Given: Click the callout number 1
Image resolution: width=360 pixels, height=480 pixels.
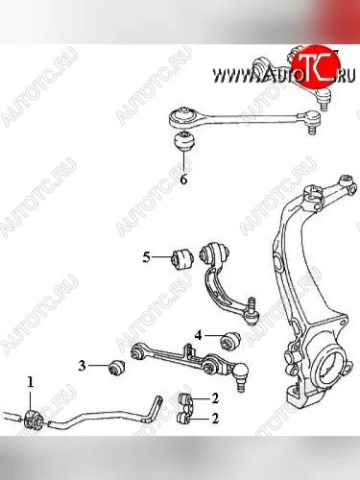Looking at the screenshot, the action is pyautogui.click(x=31, y=382).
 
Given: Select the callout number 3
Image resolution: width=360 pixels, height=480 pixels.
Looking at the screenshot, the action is pyautogui.click(x=83, y=366).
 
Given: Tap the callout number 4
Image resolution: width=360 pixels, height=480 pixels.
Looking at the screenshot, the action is pyautogui.click(x=199, y=335).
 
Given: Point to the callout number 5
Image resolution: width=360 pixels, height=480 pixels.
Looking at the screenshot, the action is pyautogui.click(x=146, y=257).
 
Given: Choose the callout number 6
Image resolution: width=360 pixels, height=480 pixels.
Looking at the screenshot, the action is pyautogui.click(x=183, y=180).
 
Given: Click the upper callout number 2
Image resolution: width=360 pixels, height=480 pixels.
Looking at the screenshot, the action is pyautogui.click(x=215, y=398).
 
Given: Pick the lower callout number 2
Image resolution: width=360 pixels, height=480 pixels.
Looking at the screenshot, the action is pyautogui.click(x=215, y=419).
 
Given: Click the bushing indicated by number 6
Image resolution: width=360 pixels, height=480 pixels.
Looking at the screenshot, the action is pyautogui.click(x=184, y=141).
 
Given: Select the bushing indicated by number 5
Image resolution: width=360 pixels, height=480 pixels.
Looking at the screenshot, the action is pyautogui.click(x=180, y=257).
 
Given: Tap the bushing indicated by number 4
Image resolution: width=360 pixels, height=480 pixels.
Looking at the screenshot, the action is pyautogui.click(x=230, y=341).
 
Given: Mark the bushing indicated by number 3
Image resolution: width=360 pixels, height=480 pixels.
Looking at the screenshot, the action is pyautogui.click(x=116, y=367).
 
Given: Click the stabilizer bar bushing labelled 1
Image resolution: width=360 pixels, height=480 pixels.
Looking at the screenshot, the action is pyautogui.click(x=33, y=420).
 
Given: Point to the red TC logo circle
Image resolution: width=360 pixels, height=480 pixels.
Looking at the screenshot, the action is pyautogui.click(x=316, y=65).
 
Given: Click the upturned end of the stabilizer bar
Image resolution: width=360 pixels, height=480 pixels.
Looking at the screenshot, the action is pyautogui.click(x=156, y=408).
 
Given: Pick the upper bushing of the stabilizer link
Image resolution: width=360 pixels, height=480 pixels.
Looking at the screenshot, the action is pyautogui.click(x=184, y=398).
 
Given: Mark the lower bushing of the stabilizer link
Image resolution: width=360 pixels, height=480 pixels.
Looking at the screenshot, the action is pyautogui.click(x=184, y=418).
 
